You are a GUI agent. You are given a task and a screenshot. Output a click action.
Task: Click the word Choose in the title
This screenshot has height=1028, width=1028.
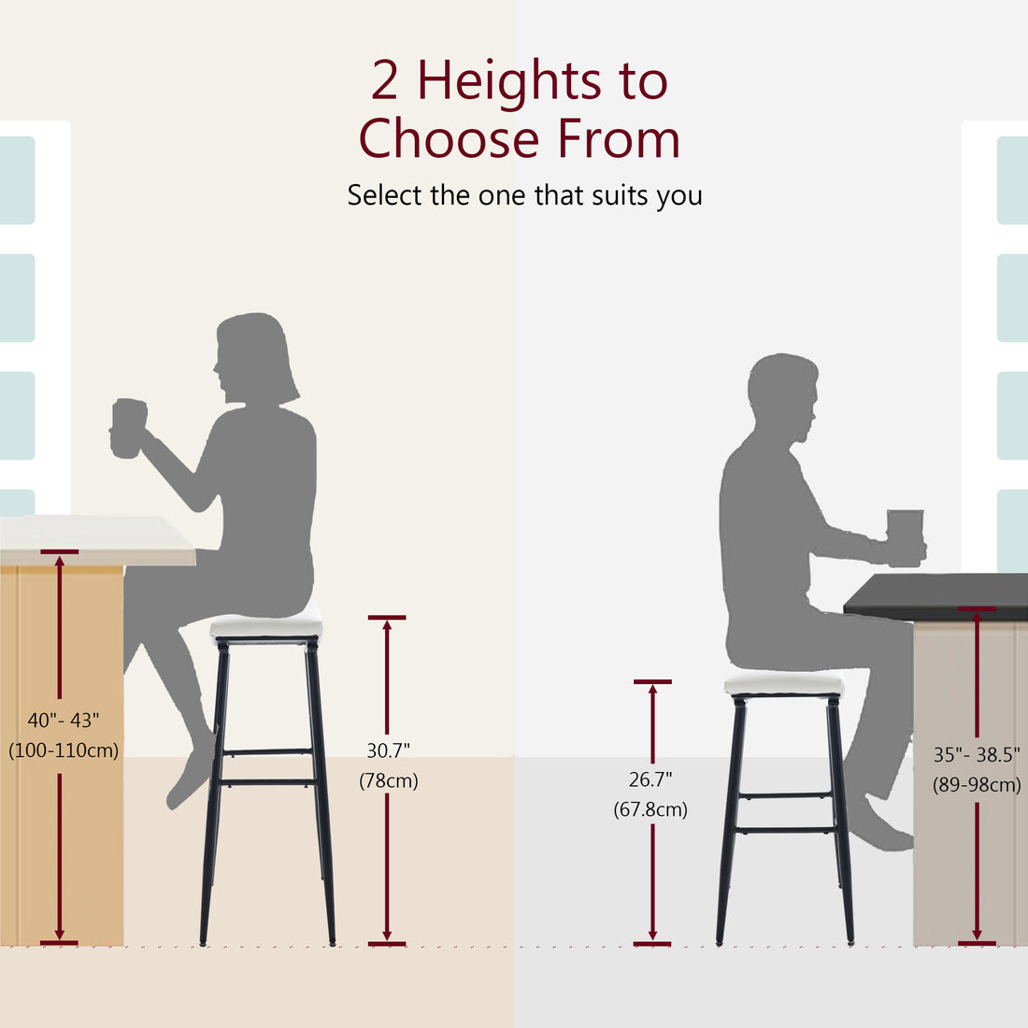pyautogui.click(x=450, y=139)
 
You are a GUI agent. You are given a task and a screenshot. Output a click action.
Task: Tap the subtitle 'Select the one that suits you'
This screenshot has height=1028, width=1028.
pyautogui.click(x=524, y=195)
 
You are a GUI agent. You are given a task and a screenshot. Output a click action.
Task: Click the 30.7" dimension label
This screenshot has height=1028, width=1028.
pyautogui.click(x=388, y=750)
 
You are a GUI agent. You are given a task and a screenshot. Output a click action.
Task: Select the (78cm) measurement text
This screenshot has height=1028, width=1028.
pyautogui.click(x=388, y=780)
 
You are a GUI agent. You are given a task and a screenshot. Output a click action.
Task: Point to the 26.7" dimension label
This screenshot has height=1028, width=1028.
pyautogui.click(x=650, y=779)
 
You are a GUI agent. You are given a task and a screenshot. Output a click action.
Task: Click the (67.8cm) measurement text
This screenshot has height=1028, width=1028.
pyautogui.click(x=650, y=809)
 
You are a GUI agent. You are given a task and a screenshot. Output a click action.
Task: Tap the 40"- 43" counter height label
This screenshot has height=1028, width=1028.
pyautogui.click(x=63, y=721)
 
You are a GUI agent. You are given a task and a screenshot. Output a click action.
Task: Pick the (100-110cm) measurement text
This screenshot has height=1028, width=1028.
pyautogui.click(x=64, y=750)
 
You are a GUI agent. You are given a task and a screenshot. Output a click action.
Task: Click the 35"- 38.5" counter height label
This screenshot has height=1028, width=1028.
pyautogui.click(x=977, y=755)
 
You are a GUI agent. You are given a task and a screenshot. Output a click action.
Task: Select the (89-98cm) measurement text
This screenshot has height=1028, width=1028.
pyautogui.click(x=977, y=785)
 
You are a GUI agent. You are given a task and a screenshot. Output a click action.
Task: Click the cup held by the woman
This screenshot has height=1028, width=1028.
pyautogui.click(x=127, y=429)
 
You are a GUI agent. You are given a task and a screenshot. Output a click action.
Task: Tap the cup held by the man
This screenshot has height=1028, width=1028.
pyautogui.click(x=905, y=537)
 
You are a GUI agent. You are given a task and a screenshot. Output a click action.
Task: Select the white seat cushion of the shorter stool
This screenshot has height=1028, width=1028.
pyautogui.click(x=784, y=685)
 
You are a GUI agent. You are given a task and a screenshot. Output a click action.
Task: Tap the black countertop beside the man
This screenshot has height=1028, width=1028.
pyautogui.click(x=935, y=595)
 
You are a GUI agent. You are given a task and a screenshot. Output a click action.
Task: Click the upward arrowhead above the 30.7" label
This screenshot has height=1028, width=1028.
pyautogui.click(x=387, y=624)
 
